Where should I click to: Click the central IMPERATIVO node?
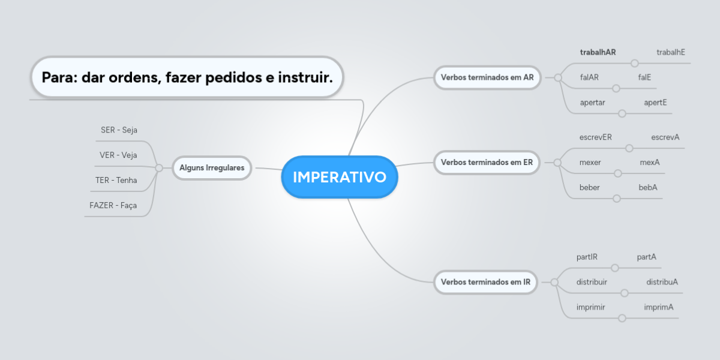[340, 177]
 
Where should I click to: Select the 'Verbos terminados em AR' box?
[487, 77]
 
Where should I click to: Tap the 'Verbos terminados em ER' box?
[487, 163]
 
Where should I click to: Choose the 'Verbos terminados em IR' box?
[485, 282]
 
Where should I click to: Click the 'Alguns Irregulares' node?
[212, 168]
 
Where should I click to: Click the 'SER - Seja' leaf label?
[119, 130]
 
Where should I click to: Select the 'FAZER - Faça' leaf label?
[113, 205]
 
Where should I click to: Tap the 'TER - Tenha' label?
[116, 181]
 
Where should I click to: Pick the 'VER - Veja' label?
[118, 155]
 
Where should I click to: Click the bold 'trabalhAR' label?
[598, 52]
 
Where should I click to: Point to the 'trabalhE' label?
[671, 52]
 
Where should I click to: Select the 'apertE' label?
[655, 103]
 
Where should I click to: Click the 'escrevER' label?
[596, 137]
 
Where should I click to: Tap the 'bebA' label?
[648, 187]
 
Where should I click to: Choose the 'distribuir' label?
[592, 282]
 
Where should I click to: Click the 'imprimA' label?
[659, 307]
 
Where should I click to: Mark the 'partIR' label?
[587, 257]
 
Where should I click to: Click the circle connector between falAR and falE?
[616, 88]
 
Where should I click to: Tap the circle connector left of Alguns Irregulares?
[159, 168]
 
